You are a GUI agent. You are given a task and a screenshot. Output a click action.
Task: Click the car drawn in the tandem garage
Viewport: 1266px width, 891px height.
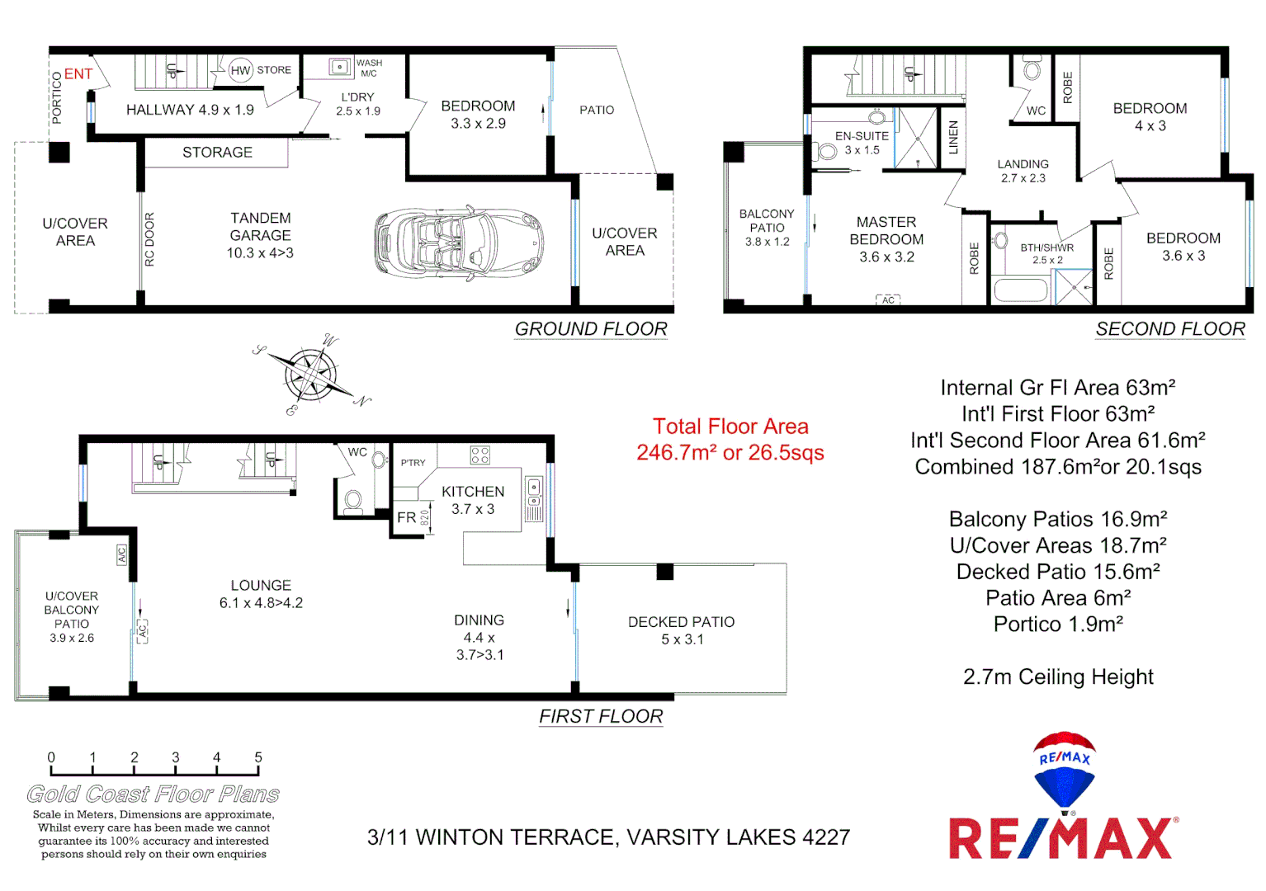point(460,243)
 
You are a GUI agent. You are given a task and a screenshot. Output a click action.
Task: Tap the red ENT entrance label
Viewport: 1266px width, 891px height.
point(78,74)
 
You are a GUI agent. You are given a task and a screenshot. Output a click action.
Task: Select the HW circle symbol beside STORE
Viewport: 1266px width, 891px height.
point(240,71)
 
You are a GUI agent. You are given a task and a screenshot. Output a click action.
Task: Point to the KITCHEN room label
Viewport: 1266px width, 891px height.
point(472,492)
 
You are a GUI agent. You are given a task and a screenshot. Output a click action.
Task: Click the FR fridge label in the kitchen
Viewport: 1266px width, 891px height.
point(406,518)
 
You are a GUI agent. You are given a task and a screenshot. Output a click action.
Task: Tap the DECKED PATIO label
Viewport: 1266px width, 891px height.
point(681,622)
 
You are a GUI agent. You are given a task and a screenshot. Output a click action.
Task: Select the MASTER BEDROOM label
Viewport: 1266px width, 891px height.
point(886,231)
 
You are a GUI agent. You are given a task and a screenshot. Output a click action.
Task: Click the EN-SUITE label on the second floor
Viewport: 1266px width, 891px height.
point(862,136)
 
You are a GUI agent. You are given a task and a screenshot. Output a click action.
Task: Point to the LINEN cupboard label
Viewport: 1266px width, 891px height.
point(953,138)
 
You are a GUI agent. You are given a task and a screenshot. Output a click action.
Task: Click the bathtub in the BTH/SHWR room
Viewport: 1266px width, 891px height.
point(1020,290)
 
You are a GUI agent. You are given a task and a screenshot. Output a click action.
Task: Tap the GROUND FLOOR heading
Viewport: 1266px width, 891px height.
point(591,329)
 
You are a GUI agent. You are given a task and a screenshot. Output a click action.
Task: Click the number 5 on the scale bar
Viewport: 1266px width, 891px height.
point(258,757)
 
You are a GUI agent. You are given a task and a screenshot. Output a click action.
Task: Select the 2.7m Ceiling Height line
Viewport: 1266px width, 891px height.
point(1058,677)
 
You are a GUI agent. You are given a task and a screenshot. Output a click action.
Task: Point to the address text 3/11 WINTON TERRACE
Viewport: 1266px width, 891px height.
point(608,837)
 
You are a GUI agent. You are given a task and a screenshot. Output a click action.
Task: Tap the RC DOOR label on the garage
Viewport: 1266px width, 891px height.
point(149,239)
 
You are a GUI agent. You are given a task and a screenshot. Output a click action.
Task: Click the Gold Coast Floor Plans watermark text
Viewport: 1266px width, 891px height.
point(154,794)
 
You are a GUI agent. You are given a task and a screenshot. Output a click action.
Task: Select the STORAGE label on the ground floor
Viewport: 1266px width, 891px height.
point(217,153)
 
